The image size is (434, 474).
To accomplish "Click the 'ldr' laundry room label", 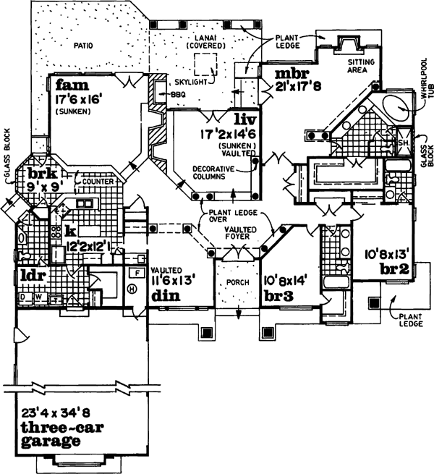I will pyautogui.click(x=32, y=276).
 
